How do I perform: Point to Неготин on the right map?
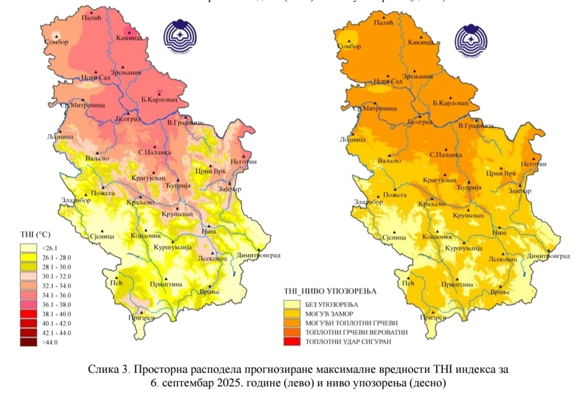[x=534, y=163]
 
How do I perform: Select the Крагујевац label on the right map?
[x=440, y=179]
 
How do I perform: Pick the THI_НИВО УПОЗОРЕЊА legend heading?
[x=329, y=290]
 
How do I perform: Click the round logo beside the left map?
[x=182, y=39]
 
